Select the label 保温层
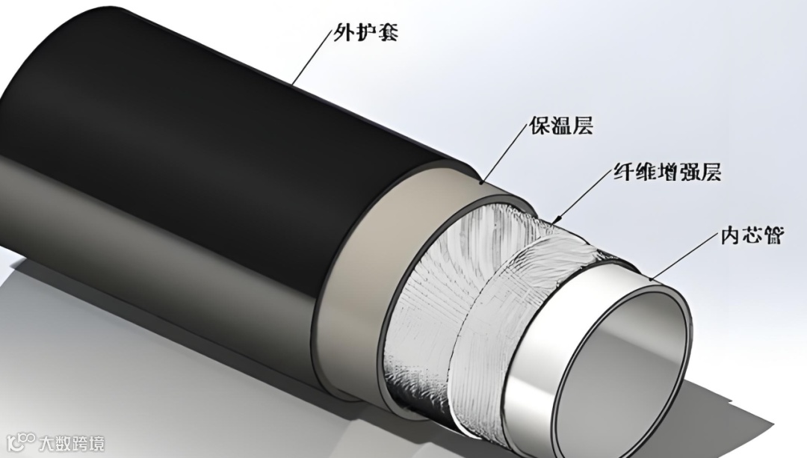561,125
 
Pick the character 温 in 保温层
561,125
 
